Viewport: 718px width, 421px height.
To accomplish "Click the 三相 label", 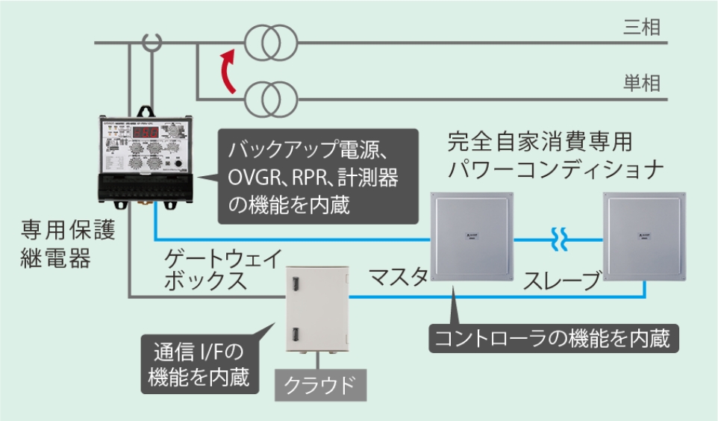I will coord(641,28).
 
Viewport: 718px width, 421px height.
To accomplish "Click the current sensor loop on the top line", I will coord(152,43).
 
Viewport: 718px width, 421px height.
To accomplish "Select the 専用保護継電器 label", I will coord(68,245).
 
